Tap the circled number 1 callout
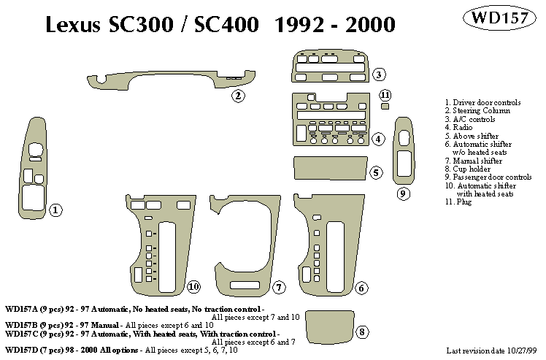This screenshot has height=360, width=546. (x=55, y=211)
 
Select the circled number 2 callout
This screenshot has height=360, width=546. (x=237, y=95)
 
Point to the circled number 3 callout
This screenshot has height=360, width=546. (x=378, y=74)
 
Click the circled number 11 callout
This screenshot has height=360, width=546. (x=385, y=96)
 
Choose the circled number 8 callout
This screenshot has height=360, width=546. (x=362, y=332)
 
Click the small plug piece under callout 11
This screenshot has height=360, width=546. (x=385, y=107)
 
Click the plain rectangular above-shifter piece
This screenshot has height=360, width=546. (x=328, y=168)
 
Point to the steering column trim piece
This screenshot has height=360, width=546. (x=172, y=79)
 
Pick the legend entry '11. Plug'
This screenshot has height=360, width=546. (x=460, y=202)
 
